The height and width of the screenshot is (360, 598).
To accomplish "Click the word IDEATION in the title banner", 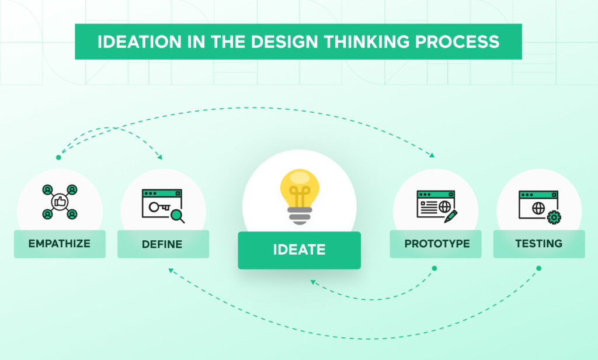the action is [140, 41].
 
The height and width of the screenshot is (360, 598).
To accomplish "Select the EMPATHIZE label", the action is [60, 244].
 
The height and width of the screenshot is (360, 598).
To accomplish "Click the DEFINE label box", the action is [163, 244].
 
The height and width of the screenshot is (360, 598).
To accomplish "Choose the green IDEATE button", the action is [300, 250].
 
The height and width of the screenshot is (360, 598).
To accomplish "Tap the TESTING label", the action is [539, 244].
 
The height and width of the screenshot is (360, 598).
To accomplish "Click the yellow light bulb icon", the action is [300, 196].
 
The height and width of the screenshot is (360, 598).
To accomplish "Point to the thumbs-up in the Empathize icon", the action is [60, 202].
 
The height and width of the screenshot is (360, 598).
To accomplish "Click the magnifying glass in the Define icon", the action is [178, 216].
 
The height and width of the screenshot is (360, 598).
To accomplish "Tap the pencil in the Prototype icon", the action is [451, 216].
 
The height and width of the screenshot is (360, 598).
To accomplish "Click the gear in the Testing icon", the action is [554, 217].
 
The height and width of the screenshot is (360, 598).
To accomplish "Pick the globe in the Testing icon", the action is [538, 208].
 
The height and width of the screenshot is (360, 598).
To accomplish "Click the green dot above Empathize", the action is [58, 157].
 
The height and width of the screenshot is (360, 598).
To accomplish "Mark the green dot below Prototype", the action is [434, 268].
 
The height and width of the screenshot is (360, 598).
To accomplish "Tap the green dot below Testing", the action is [538, 268].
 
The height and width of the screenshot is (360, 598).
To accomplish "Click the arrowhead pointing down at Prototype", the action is [432, 155].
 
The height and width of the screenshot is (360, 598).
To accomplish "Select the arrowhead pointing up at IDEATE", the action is [313, 282].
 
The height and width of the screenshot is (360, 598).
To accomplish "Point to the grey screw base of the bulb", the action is [300, 216].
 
